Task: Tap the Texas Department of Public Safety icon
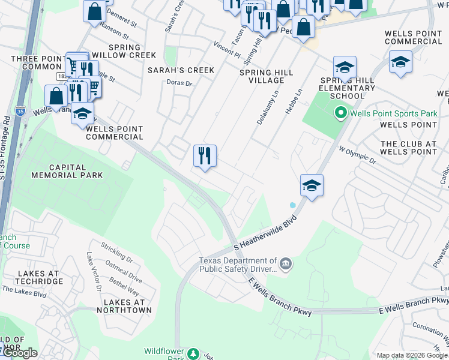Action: (286, 264)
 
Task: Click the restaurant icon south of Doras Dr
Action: (205, 156)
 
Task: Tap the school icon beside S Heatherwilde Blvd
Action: (312, 185)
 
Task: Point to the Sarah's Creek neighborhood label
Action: (181, 70)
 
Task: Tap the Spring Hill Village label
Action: (266, 76)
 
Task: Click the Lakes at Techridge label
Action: (38, 277)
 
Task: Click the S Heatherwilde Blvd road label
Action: (265, 235)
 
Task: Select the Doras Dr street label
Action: (179, 84)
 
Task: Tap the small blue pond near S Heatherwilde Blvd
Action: (292, 205)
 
